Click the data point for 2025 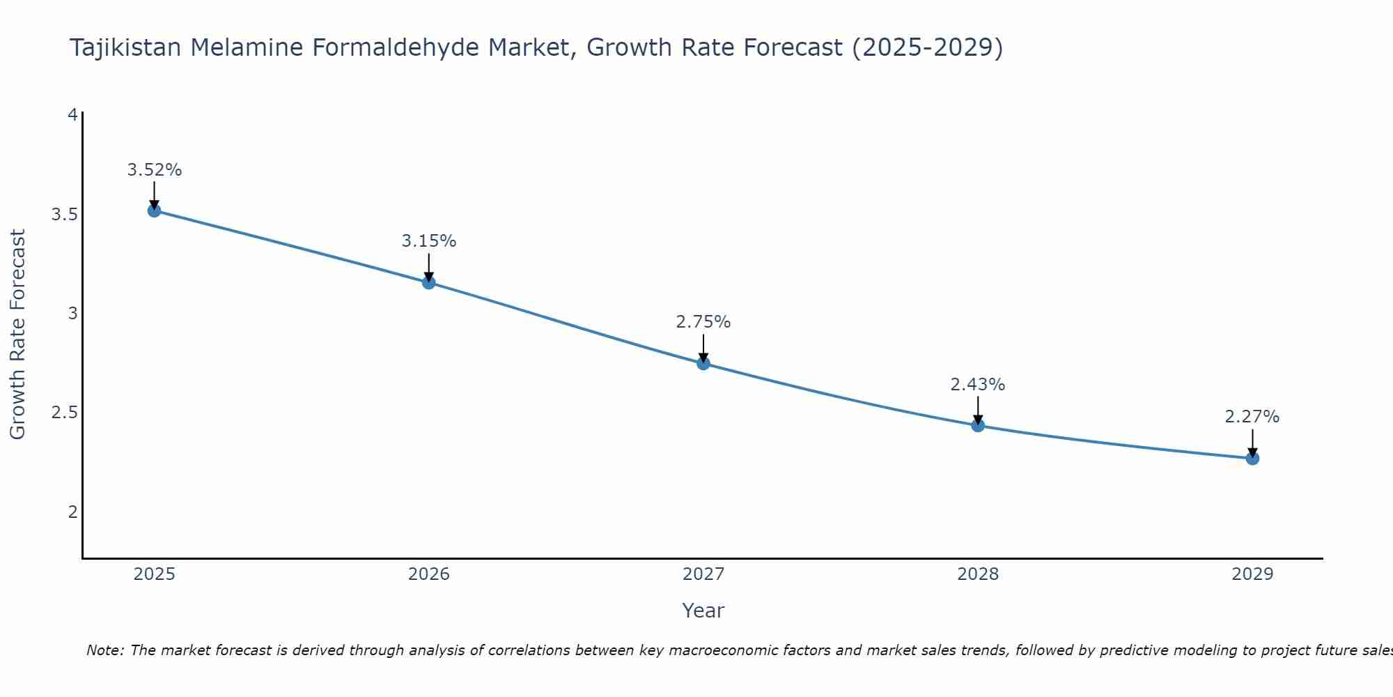(x=155, y=210)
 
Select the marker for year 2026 (x=429, y=282)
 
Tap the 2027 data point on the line (x=703, y=363)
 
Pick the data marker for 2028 (x=978, y=425)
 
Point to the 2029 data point (x=1252, y=458)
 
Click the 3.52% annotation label (x=155, y=170)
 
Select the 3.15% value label (x=429, y=241)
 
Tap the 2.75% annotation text (x=703, y=322)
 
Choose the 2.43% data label (x=978, y=385)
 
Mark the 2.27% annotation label (x=1252, y=417)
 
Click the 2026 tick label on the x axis (x=429, y=574)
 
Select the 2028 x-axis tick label (x=978, y=574)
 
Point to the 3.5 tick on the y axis (x=64, y=214)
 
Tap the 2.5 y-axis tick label (x=64, y=413)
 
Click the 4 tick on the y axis (x=72, y=115)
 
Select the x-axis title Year (x=703, y=611)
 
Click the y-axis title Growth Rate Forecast (x=18, y=335)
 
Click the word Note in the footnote (x=104, y=650)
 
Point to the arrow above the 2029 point (x=1252, y=442)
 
